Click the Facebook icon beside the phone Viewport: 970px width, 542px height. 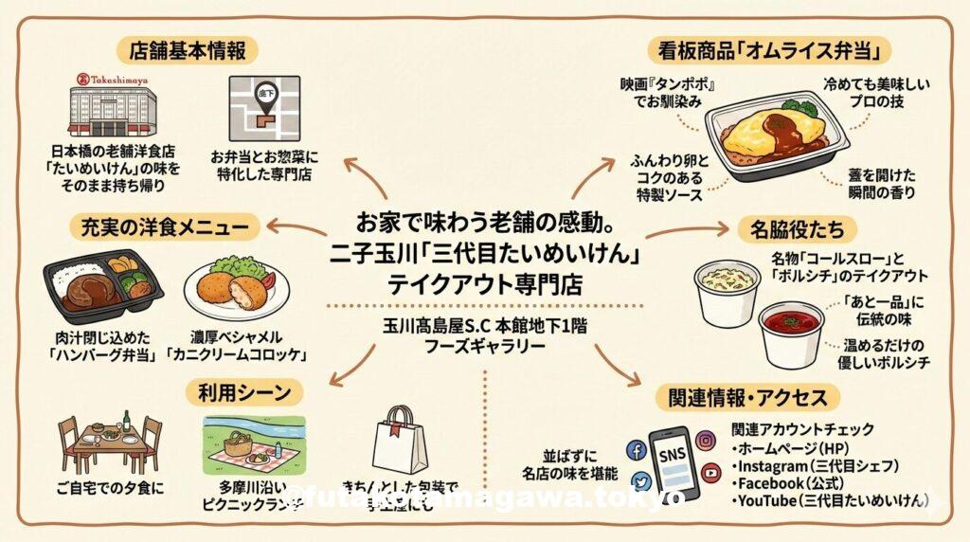point(637,450)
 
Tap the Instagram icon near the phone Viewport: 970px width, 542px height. point(705,440)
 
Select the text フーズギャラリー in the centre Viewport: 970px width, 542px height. point(485,347)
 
